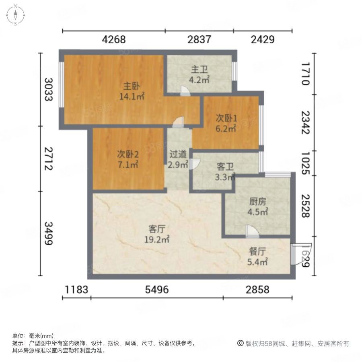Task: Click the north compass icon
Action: coord(15,15)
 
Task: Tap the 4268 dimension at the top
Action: coord(114,39)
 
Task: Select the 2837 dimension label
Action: coord(199,39)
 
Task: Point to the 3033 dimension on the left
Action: coord(49,90)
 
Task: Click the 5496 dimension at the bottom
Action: coord(157,290)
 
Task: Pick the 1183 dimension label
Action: coord(76,290)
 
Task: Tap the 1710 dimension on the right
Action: coord(305,74)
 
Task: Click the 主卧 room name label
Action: coord(132,86)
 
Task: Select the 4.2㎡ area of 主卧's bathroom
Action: coord(199,80)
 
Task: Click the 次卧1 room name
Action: coord(226,118)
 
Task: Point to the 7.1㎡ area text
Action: coord(128,165)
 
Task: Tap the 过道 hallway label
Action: coord(178,154)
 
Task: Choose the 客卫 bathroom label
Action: coord(225,167)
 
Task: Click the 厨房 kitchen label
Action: coord(258,202)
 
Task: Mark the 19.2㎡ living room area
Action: coord(157,239)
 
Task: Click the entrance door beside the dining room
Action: coord(301,254)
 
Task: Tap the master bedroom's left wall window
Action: coord(62,84)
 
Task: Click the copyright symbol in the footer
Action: coord(241,343)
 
